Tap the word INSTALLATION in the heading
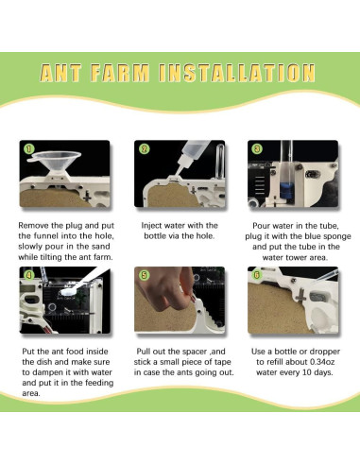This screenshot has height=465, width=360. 237,73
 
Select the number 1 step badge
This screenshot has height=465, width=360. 29,148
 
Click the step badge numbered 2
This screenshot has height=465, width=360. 145,148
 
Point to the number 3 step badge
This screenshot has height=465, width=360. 257,148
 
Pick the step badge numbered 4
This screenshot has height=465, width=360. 29,275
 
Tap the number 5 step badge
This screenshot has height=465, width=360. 145,275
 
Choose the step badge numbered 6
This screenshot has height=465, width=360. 257,275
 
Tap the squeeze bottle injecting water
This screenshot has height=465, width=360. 191,156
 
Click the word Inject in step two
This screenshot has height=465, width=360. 151,226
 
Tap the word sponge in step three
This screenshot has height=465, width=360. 334,237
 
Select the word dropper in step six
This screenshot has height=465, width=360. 325,352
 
